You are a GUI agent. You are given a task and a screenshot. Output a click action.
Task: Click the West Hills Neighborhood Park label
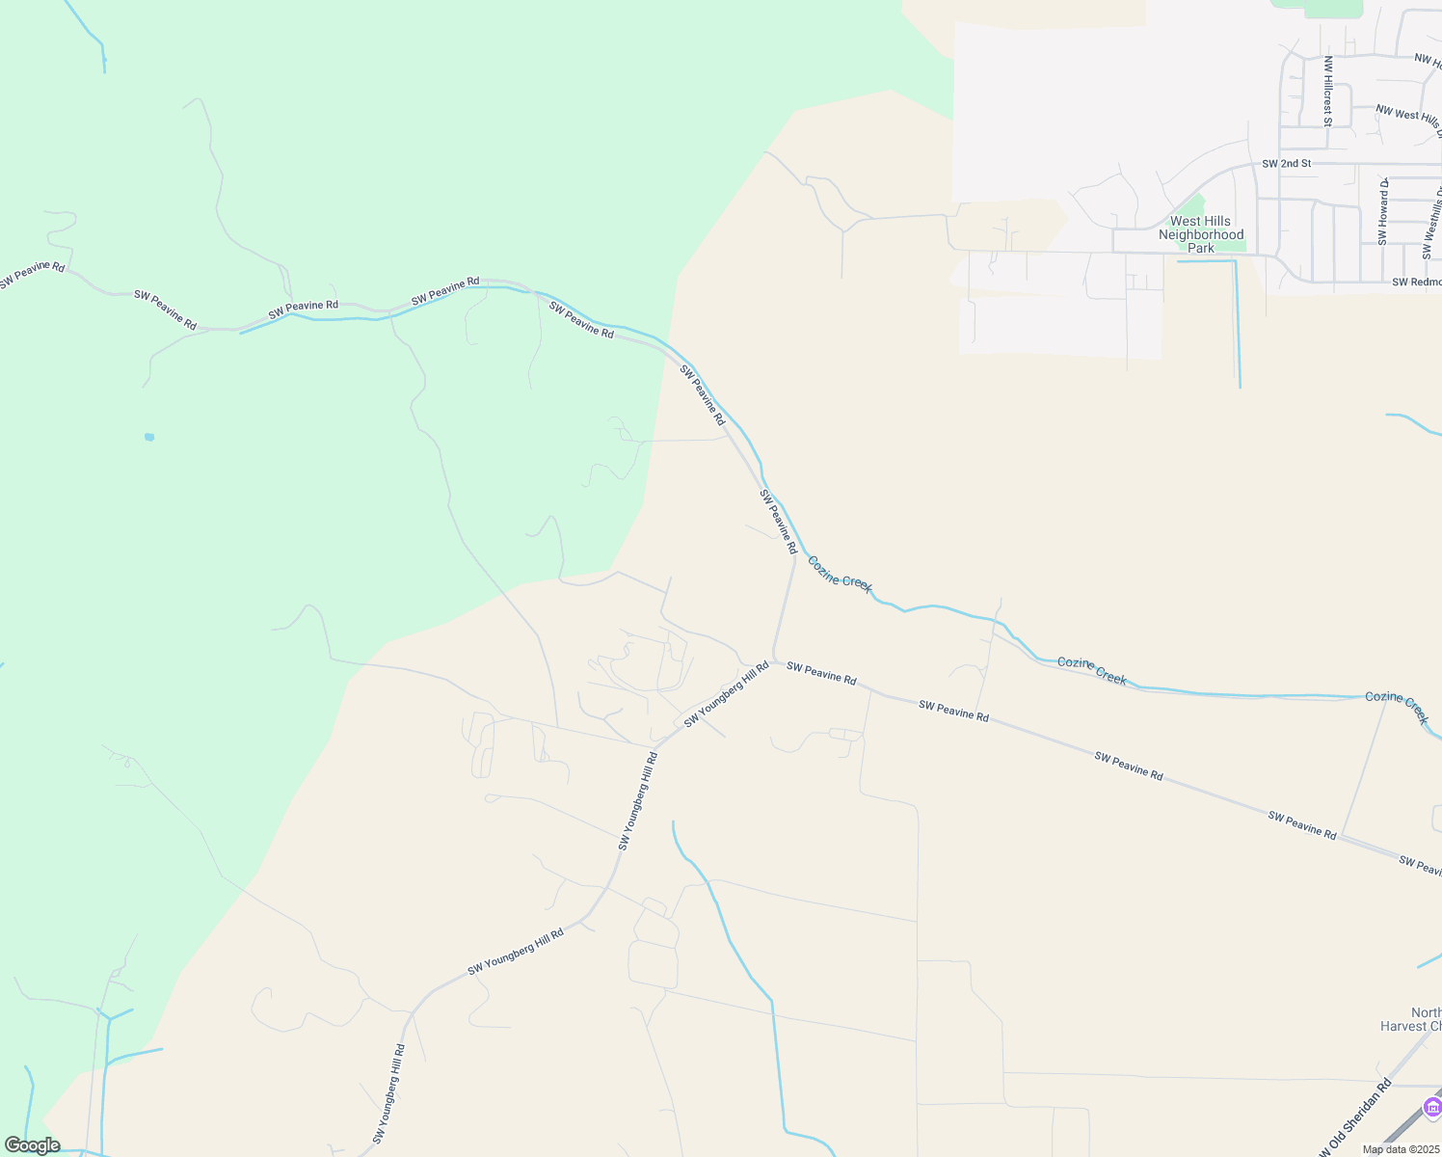pyautogui.click(x=1201, y=234)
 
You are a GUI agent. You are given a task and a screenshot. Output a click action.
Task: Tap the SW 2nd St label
pyautogui.click(x=1286, y=164)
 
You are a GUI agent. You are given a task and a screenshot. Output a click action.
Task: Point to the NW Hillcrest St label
pyautogui.click(x=1327, y=91)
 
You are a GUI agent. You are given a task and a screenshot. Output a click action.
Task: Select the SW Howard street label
pyautogui.click(x=1383, y=212)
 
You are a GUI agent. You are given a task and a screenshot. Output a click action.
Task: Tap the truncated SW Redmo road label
pyautogui.click(x=1416, y=282)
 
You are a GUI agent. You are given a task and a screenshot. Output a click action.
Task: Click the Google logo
pyautogui.click(x=32, y=1145)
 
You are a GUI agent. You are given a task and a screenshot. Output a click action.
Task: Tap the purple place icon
pyautogui.click(x=1432, y=1105)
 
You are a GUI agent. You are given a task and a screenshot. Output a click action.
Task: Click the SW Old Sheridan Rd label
pyautogui.click(x=1352, y=1118)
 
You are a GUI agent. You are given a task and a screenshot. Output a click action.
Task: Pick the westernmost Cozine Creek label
pyautogui.click(x=840, y=574)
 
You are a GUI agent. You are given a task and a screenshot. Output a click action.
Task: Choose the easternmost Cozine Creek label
pyautogui.click(x=1397, y=708)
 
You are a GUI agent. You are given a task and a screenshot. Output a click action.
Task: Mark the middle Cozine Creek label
pyautogui.click(x=1092, y=670)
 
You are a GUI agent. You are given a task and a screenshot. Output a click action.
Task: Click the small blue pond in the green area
pyautogui.click(x=149, y=437)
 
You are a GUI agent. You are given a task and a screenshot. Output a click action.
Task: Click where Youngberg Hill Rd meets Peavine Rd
pyautogui.click(x=774, y=661)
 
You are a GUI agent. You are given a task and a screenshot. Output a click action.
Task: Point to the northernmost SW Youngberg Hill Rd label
pyautogui.click(x=726, y=694)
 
